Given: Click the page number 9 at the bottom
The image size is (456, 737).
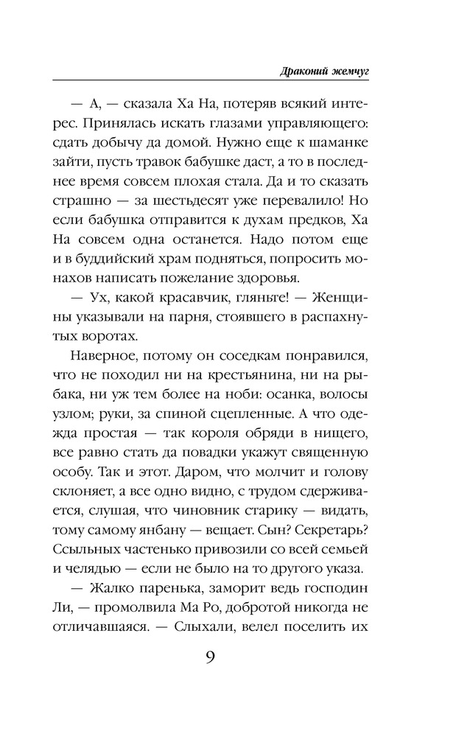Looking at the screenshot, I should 210,654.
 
